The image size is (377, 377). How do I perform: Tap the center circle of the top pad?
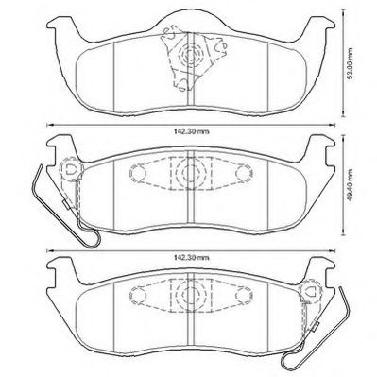click(x=194, y=56)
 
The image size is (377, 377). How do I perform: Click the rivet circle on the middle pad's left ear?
click(x=68, y=170)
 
